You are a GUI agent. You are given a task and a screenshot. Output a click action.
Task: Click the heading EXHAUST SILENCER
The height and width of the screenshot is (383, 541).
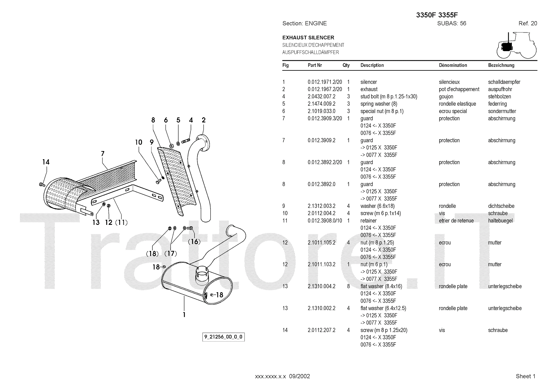tap(308, 38)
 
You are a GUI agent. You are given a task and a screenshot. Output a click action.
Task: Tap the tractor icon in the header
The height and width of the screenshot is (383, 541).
tap(516, 46)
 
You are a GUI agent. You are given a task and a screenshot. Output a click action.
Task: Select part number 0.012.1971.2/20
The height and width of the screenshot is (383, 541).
tap(325, 82)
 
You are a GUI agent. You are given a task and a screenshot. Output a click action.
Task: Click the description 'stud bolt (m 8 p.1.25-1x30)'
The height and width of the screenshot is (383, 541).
tap(389, 97)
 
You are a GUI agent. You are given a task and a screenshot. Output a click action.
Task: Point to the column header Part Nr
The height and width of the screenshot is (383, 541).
tap(314, 65)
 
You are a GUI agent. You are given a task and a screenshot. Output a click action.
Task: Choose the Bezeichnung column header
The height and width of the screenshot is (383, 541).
tap(501, 65)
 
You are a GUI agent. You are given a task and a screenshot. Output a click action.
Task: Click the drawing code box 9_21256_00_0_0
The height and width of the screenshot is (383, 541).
tap(224, 337)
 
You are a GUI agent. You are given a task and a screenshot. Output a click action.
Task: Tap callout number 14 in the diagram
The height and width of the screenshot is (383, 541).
tap(46, 162)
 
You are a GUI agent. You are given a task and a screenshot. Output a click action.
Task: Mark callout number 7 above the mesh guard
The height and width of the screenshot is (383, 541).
tap(103, 154)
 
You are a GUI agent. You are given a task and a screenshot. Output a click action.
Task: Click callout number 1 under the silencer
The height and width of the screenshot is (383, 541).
tap(184, 315)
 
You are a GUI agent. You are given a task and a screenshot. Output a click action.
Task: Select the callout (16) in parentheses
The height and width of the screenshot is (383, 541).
tap(194, 241)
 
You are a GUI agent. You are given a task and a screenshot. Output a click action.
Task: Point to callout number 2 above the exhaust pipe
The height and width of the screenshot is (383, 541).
tap(204, 120)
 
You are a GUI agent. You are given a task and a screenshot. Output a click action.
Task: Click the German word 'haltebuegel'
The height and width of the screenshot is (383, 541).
tap(500, 221)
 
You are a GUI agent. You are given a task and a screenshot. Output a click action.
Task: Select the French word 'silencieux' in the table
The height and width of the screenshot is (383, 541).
tap(449, 82)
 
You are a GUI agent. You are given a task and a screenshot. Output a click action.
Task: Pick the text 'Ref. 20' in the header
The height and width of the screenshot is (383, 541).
tap(527, 23)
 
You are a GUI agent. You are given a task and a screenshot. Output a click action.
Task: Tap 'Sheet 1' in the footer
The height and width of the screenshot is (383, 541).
tap(525, 376)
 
